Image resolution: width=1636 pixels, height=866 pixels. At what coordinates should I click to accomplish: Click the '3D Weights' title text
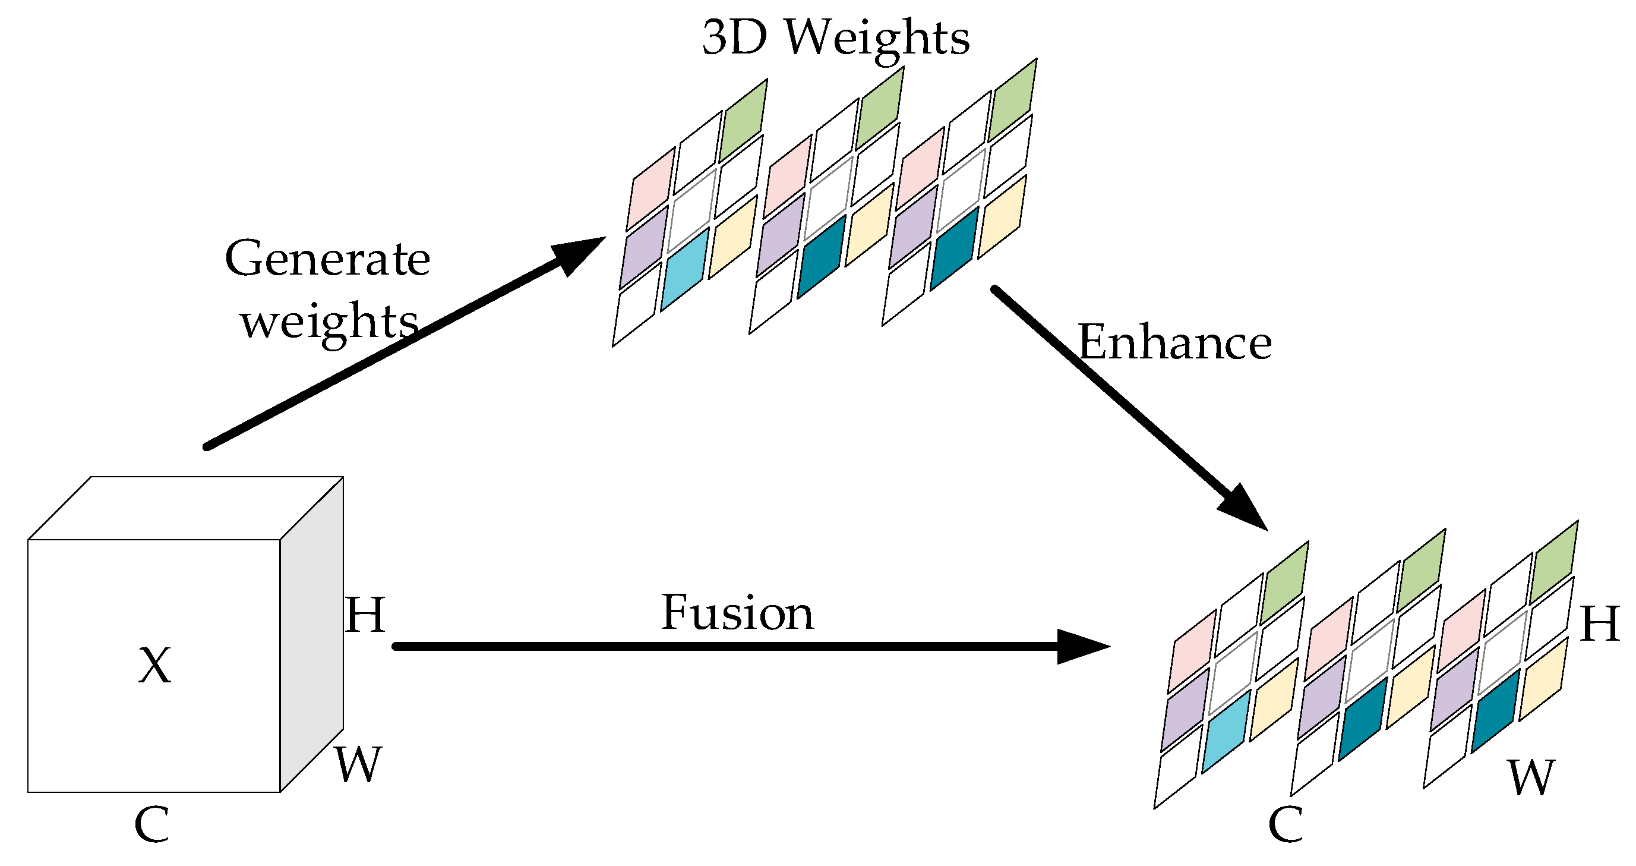pos(835,38)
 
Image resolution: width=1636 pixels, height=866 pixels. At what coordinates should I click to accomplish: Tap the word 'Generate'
pos(327,259)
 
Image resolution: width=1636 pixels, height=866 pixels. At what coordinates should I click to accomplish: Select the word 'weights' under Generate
pos(329,322)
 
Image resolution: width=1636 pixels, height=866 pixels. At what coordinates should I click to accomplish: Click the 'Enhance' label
pos(1174,343)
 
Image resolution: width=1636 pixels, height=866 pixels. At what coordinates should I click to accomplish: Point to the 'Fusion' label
pos(737,613)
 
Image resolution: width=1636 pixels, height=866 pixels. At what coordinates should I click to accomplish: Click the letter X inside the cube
pos(154,666)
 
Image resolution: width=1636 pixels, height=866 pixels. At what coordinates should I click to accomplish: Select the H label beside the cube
pos(365,615)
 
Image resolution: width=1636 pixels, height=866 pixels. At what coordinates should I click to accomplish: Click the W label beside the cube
pos(358,764)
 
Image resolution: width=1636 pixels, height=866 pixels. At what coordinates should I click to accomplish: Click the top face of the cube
pos(185,508)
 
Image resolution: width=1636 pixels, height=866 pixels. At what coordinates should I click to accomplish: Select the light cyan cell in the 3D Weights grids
pos(684,269)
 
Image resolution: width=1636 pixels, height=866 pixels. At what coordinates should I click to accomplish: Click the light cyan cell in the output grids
pos(1226,731)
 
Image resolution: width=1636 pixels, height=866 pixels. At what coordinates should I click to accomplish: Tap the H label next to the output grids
pos(1600,623)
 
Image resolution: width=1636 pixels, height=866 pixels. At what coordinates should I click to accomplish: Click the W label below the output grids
pos(1532,777)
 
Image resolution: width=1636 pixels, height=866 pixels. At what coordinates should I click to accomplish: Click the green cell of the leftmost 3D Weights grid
pos(743,121)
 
